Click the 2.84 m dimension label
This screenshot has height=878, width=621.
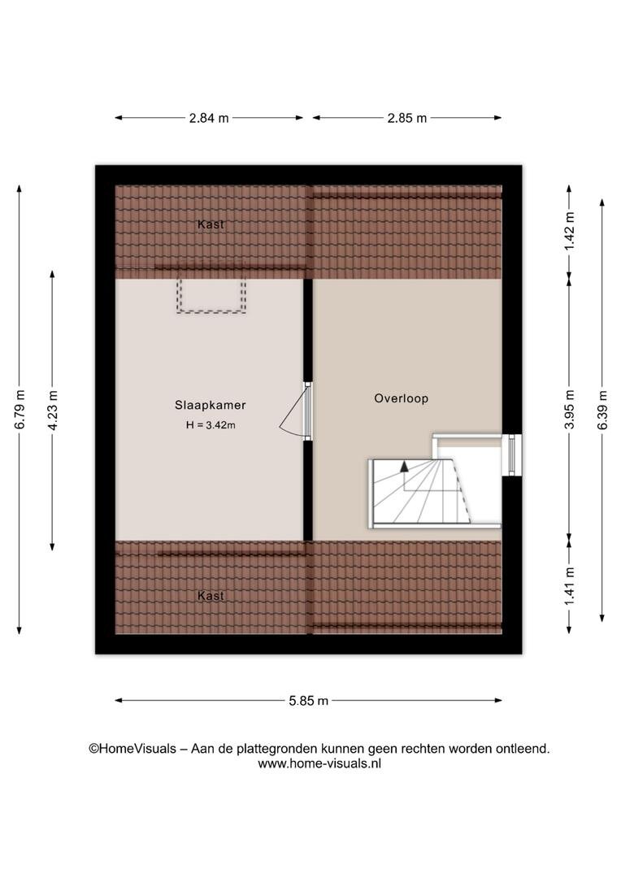tap(209, 118)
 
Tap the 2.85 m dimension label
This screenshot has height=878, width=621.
tap(407, 118)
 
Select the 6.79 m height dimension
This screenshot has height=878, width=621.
tap(20, 409)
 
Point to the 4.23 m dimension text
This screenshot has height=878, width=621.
tap(53, 411)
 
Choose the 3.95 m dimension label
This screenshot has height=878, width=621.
tap(570, 409)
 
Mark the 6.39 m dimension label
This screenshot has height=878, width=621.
tap(602, 409)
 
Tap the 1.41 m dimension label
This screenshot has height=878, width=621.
tap(570, 585)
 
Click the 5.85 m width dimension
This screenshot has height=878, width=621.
tap(309, 701)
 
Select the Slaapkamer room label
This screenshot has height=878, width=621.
tap(210, 405)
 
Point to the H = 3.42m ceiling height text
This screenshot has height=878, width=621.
tap(211, 425)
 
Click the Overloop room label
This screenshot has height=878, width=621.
tap(401, 398)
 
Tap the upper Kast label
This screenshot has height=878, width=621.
tap(211, 224)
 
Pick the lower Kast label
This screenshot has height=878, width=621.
tap(211, 596)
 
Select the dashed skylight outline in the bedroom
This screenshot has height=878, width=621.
tap(211, 296)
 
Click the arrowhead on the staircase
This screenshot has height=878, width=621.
tap(404, 465)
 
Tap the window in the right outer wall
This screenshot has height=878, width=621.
tap(511, 454)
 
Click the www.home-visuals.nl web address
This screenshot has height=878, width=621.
tap(319, 763)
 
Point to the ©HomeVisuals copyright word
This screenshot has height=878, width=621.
tap(132, 749)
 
